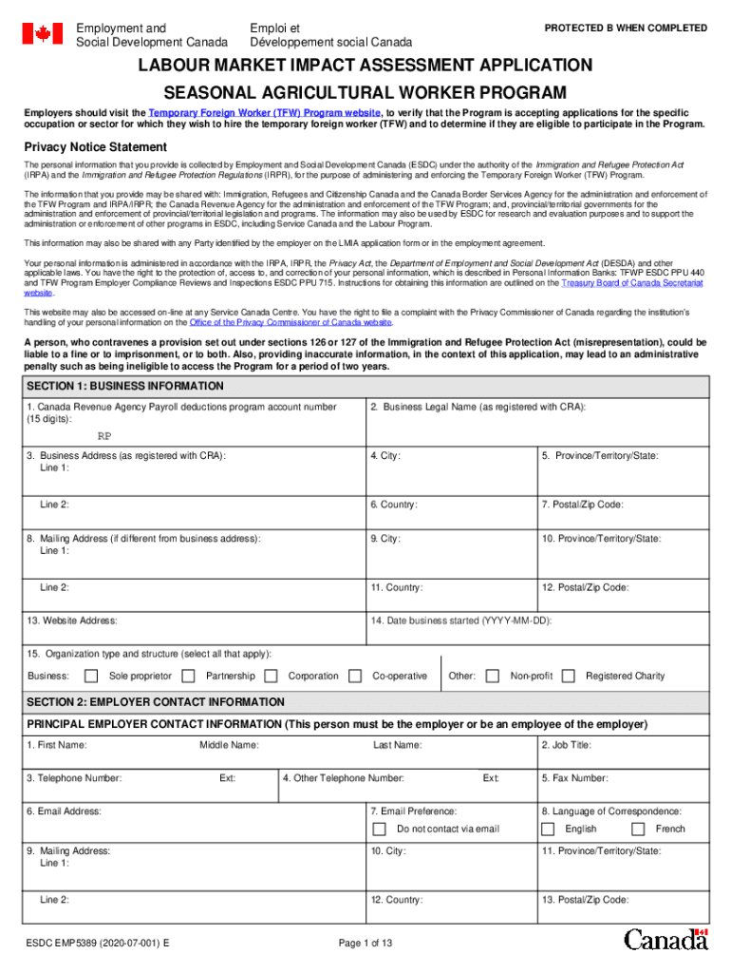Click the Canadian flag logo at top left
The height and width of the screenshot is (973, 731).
[42, 34]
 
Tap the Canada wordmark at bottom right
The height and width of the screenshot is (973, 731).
[665, 941]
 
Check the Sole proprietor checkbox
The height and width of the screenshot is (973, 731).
[91, 677]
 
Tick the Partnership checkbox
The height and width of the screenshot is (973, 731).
[188, 677]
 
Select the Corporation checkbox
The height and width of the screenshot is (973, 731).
[271, 677]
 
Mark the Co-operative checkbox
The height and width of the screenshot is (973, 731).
[355, 677]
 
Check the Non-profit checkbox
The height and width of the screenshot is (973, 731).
[493, 677]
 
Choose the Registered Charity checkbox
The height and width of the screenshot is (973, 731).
[568, 677]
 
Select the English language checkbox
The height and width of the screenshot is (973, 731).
[548, 830]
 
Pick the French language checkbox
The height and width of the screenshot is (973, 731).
[638, 830]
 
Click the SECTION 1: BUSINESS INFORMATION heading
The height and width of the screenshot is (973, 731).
[125, 387]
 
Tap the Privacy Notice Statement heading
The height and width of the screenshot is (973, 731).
[95, 147]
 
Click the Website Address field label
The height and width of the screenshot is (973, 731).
[72, 620]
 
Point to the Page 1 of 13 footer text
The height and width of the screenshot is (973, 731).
[365, 944]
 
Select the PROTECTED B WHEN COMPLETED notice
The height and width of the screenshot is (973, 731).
[626, 29]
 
